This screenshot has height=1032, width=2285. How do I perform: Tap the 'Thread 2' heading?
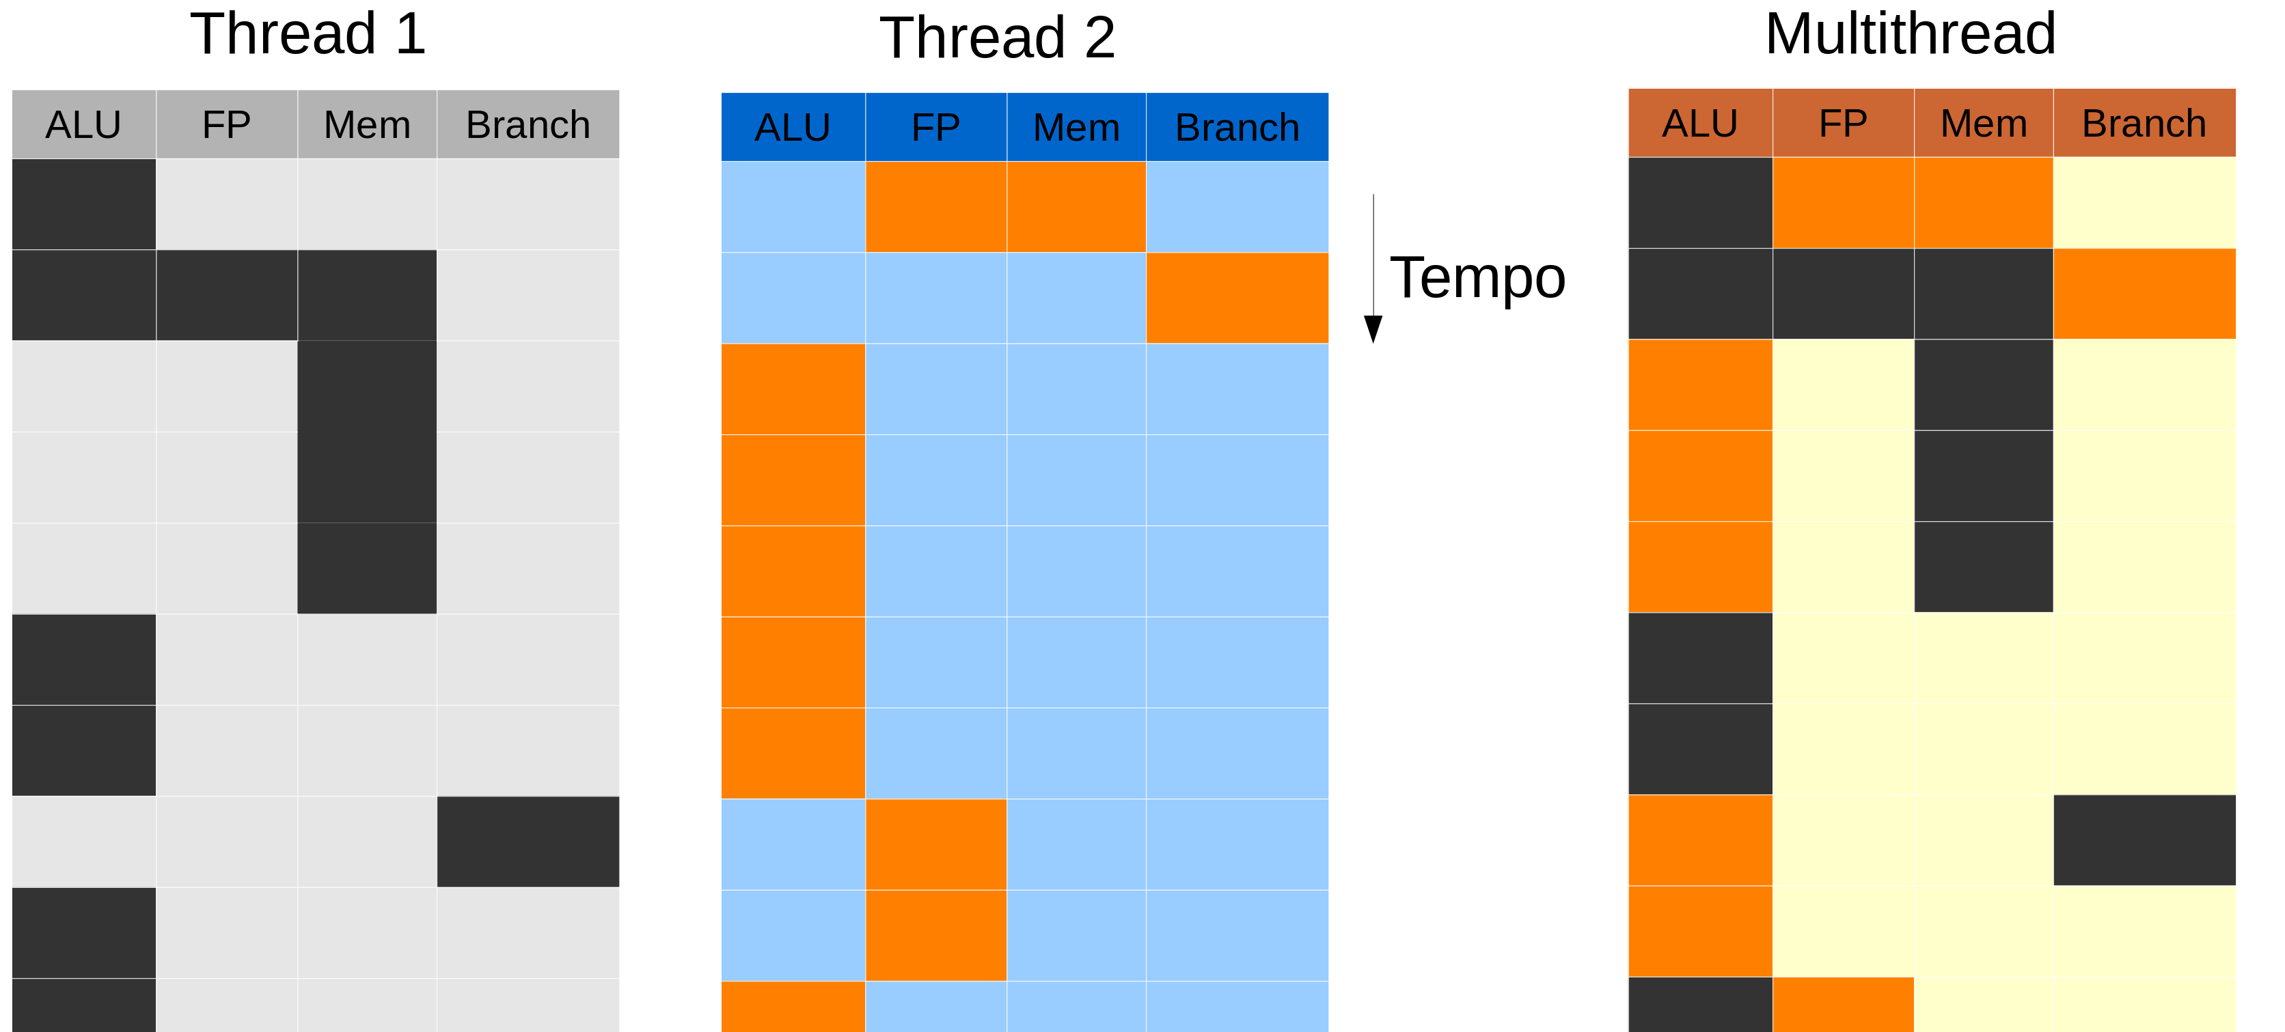997,38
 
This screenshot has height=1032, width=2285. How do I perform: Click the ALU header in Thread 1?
83,125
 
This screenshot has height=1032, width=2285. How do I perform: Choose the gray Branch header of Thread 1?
528,125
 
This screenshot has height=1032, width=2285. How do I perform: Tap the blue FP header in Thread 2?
936,128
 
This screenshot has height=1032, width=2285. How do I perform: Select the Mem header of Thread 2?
1076,128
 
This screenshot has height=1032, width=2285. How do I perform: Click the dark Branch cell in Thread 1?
528,841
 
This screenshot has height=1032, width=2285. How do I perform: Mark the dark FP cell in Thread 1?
226,295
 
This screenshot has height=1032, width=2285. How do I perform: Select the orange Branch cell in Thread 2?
1237,298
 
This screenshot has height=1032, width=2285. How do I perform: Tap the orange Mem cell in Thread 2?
1076,206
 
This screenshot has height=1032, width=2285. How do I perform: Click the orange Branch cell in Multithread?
2144,294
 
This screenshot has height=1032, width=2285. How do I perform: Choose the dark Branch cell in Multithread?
2144,839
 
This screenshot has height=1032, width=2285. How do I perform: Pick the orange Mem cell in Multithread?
1984,203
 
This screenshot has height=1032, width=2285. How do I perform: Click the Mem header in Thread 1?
366,125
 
